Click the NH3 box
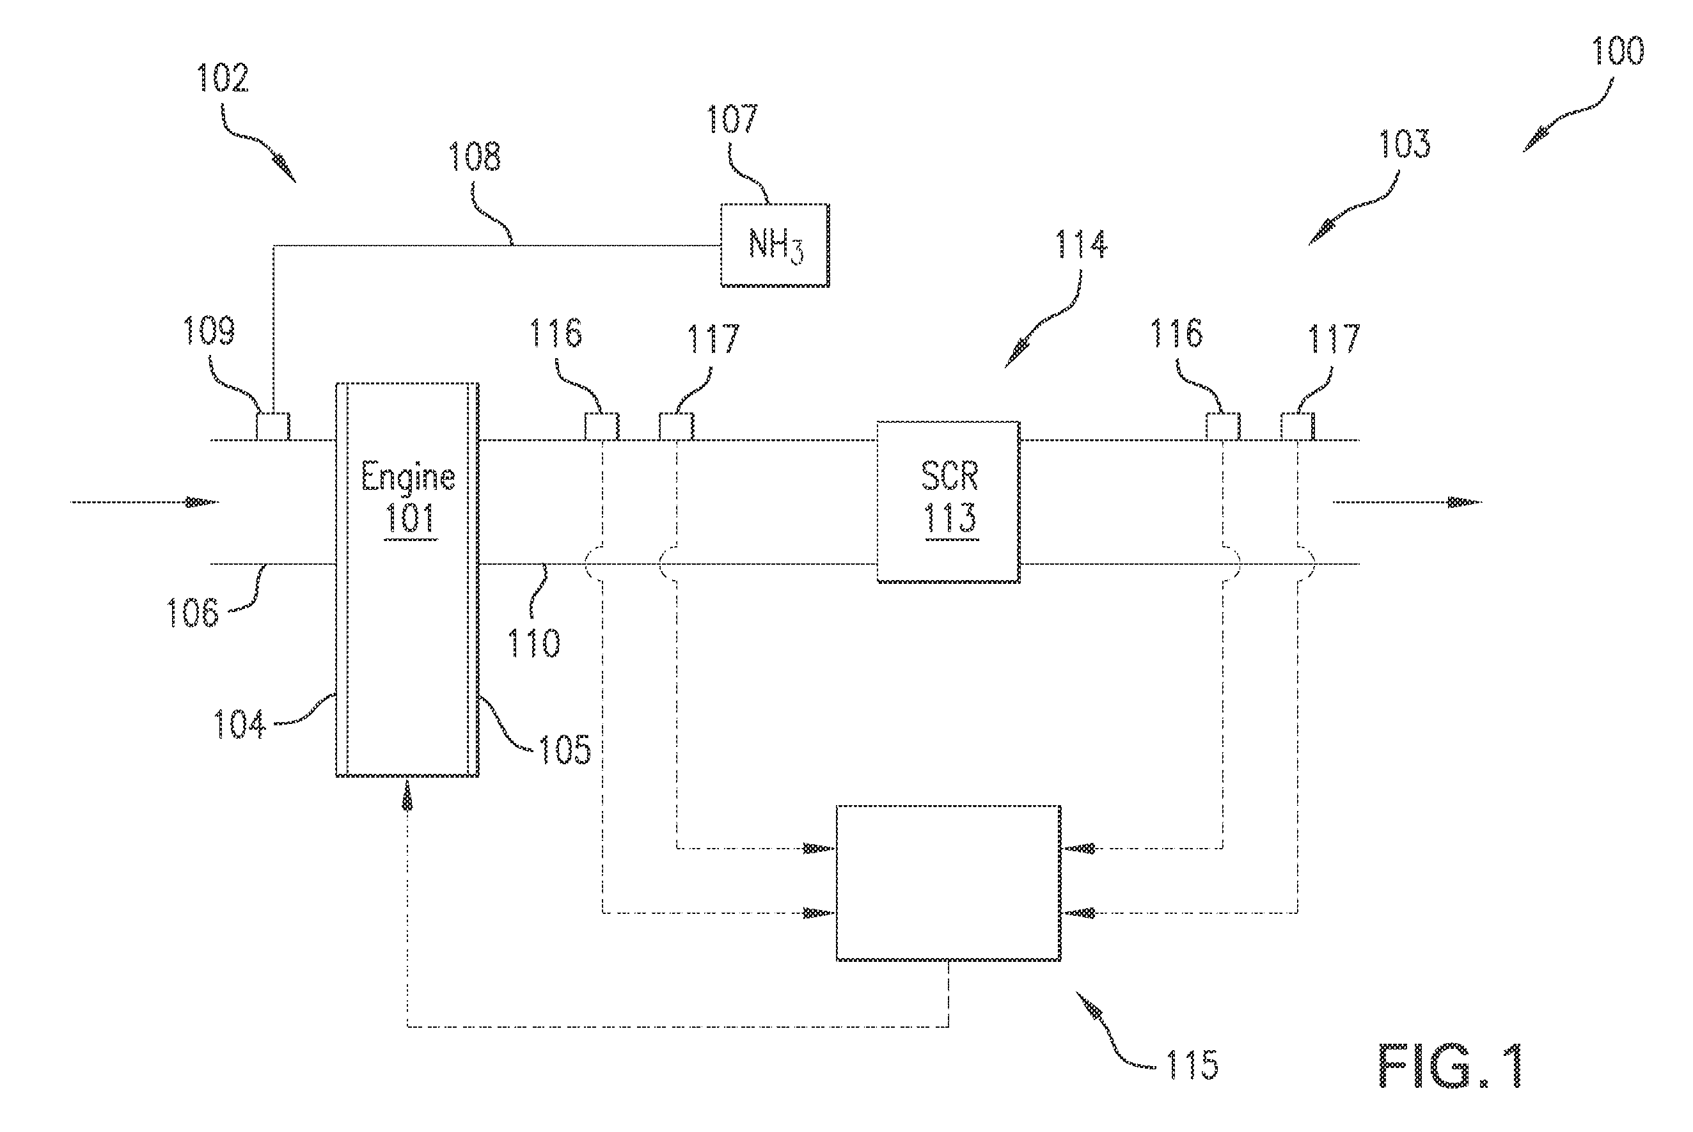point(775,246)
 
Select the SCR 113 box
point(949,502)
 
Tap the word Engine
point(408,478)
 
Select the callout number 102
point(223,78)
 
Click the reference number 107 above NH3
point(732,119)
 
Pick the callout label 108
point(475,156)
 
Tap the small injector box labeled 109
point(274,426)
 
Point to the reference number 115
point(1192,1065)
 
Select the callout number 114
point(1082,244)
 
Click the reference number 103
point(1405,144)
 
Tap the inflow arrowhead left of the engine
point(203,502)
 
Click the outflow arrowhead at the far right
point(1465,503)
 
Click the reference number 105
point(565,750)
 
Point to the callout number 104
point(240,723)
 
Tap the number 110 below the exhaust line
point(533,643)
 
